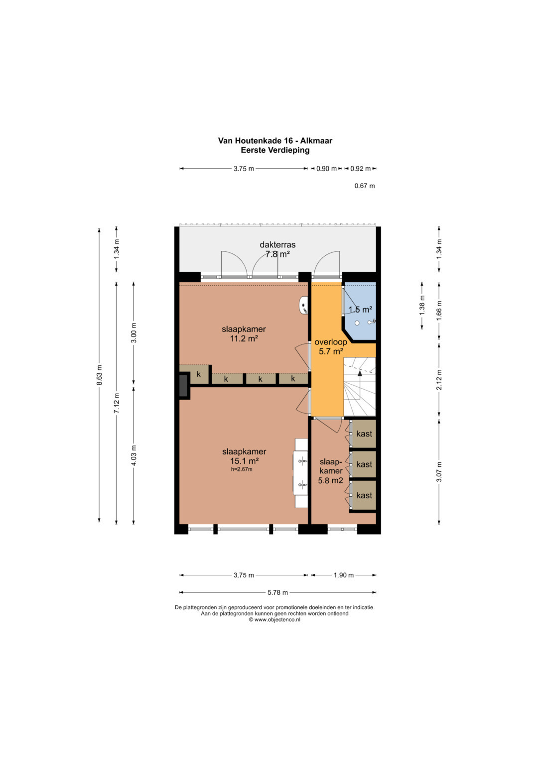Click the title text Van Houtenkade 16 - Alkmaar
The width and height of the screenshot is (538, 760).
[275, 140]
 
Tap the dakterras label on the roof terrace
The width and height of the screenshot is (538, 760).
[277, 245]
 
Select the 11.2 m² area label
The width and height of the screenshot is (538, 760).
[244, 338]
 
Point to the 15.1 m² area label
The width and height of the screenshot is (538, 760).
[244, 461]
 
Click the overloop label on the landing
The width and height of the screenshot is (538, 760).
[330, 342]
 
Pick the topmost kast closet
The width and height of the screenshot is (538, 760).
[364, 434]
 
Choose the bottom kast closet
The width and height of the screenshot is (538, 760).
[364, 495]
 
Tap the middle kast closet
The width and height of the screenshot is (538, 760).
[364, 464]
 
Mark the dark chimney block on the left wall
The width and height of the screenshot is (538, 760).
[184, 385]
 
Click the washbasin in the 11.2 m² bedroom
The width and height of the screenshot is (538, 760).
[304, 305]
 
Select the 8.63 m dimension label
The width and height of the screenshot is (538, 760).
[100, 375]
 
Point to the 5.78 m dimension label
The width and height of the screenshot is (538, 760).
[277, 593]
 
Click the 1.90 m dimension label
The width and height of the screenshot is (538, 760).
[343, 575]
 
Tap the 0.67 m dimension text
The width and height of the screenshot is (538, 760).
[365, 186]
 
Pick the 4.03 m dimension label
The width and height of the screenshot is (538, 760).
[134, 456]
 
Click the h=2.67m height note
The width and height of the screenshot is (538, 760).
[242, 469]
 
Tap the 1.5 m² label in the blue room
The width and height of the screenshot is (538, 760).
[360, 310]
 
